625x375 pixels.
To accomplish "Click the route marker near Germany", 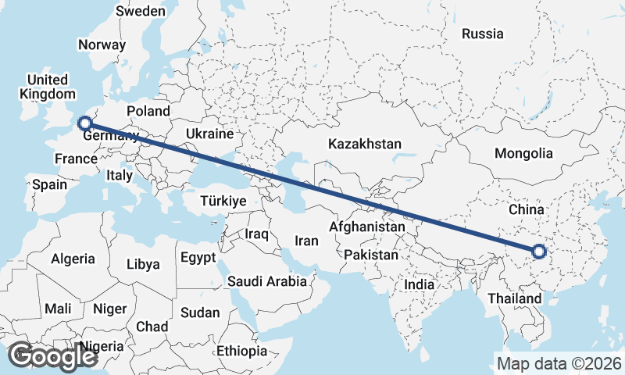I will click(x=84, y=123).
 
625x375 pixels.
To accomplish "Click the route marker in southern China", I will click(x=538, y=252).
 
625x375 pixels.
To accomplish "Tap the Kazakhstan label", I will click(x=365, y=145).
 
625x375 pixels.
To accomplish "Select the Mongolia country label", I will click(x=523, y=154).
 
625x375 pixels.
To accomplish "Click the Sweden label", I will click(x=141, y=11).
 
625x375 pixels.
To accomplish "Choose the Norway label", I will click(x=102, y=45).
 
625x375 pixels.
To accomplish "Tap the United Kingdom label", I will click(x=48, y=87).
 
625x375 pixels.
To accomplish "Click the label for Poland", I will click(x=148, y=111).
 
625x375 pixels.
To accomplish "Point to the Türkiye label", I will click(x=223, y=201).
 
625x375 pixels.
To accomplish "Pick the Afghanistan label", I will click(x=367, y=227).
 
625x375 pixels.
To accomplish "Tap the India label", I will click(x=419, y=285).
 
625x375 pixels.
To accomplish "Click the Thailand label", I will click(x=513, y=298).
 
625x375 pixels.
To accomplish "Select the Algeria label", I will click(x=73, y=259).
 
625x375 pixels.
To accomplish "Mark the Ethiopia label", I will click(x=242, y=350).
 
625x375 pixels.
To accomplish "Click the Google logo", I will click(x=52, y=356).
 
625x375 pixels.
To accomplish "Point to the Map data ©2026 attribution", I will click(x=559, y=363).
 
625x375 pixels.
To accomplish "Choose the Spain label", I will click(x=50, y=185).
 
